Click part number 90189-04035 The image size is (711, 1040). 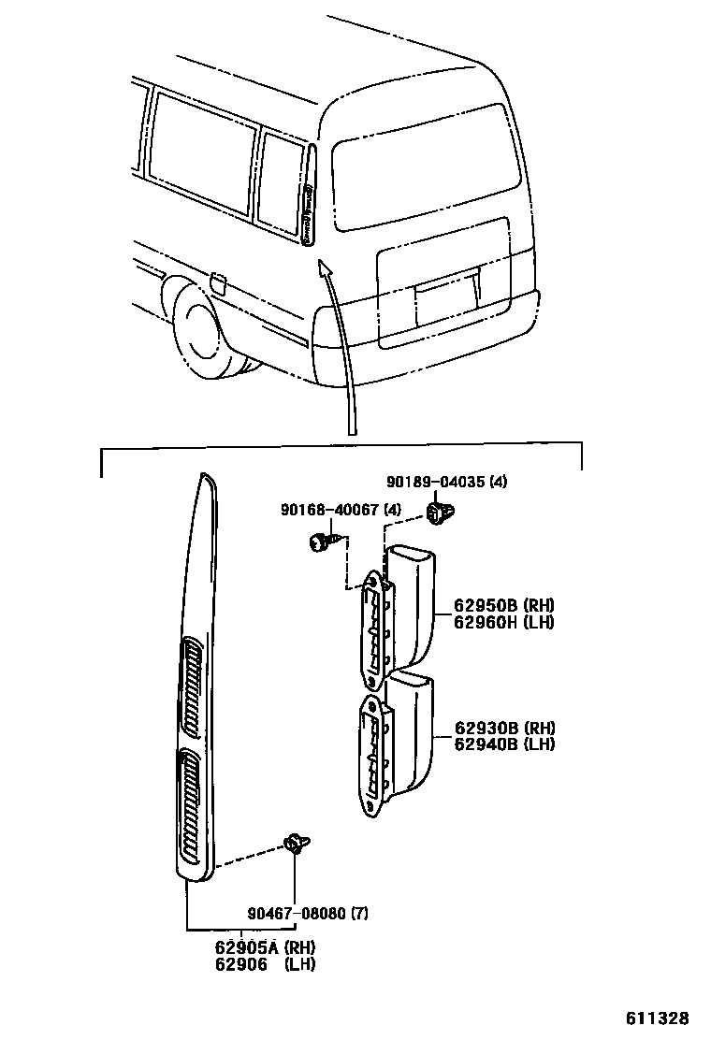tap(436, 482)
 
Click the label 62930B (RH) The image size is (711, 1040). tap(504, 728)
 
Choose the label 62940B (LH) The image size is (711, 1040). tap(504, 744)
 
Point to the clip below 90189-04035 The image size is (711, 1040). tap(437, 513)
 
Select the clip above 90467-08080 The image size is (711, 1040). tap(297, 845)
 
